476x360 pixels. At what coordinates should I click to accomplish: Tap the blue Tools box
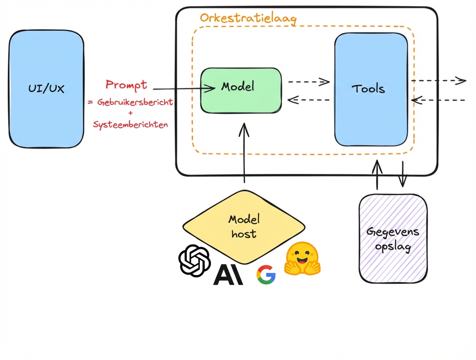371,89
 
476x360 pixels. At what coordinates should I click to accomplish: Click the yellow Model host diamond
244,227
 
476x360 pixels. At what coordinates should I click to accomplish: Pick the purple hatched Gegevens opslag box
393,239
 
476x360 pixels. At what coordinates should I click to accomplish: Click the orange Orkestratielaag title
248,18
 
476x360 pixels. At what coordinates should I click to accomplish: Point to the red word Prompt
126,85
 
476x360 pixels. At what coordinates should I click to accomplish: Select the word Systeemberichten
130,125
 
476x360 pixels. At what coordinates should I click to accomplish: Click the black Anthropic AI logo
228,275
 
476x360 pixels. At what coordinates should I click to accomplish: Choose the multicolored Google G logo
266,275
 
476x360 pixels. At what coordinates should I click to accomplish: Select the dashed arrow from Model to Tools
309,82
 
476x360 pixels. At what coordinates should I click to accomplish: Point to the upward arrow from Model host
244,157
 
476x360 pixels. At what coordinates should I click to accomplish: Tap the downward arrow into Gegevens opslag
403,175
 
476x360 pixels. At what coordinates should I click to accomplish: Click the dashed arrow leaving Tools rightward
438,81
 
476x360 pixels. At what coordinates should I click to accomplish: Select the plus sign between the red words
130,113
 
